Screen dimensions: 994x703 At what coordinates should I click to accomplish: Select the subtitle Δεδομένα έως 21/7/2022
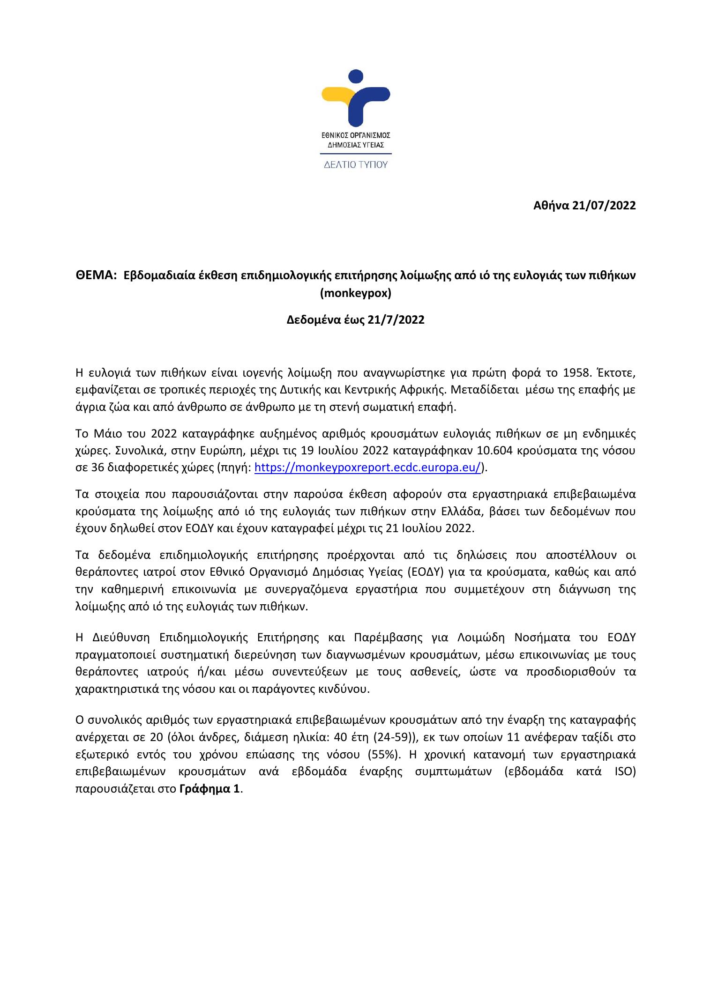click(355, 320)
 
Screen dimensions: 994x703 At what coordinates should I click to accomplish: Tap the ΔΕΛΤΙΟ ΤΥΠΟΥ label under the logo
click(356, 165)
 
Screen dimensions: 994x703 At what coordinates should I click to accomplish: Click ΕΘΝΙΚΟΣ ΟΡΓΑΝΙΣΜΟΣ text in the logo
click(356, 135)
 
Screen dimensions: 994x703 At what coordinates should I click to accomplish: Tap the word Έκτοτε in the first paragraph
click(614, 373)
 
